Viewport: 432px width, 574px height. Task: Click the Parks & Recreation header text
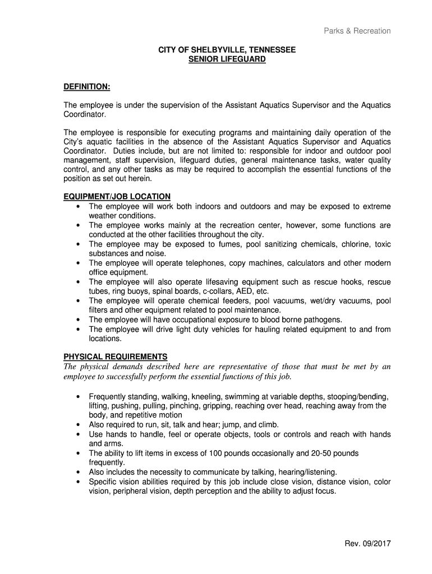[357, 31]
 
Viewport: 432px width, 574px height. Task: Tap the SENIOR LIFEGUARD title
[227, 59]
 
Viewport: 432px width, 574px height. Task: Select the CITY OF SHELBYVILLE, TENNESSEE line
[227, 50]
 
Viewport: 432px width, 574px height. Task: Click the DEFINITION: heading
[87, 87]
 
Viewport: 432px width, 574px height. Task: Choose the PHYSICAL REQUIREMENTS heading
[115, 357]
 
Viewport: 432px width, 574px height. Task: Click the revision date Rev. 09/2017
[368, 543]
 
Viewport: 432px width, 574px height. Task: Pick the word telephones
[210, 263]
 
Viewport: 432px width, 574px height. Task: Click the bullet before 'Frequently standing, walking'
[77, 396]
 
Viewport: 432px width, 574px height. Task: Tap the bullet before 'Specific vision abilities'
[77, 482]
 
